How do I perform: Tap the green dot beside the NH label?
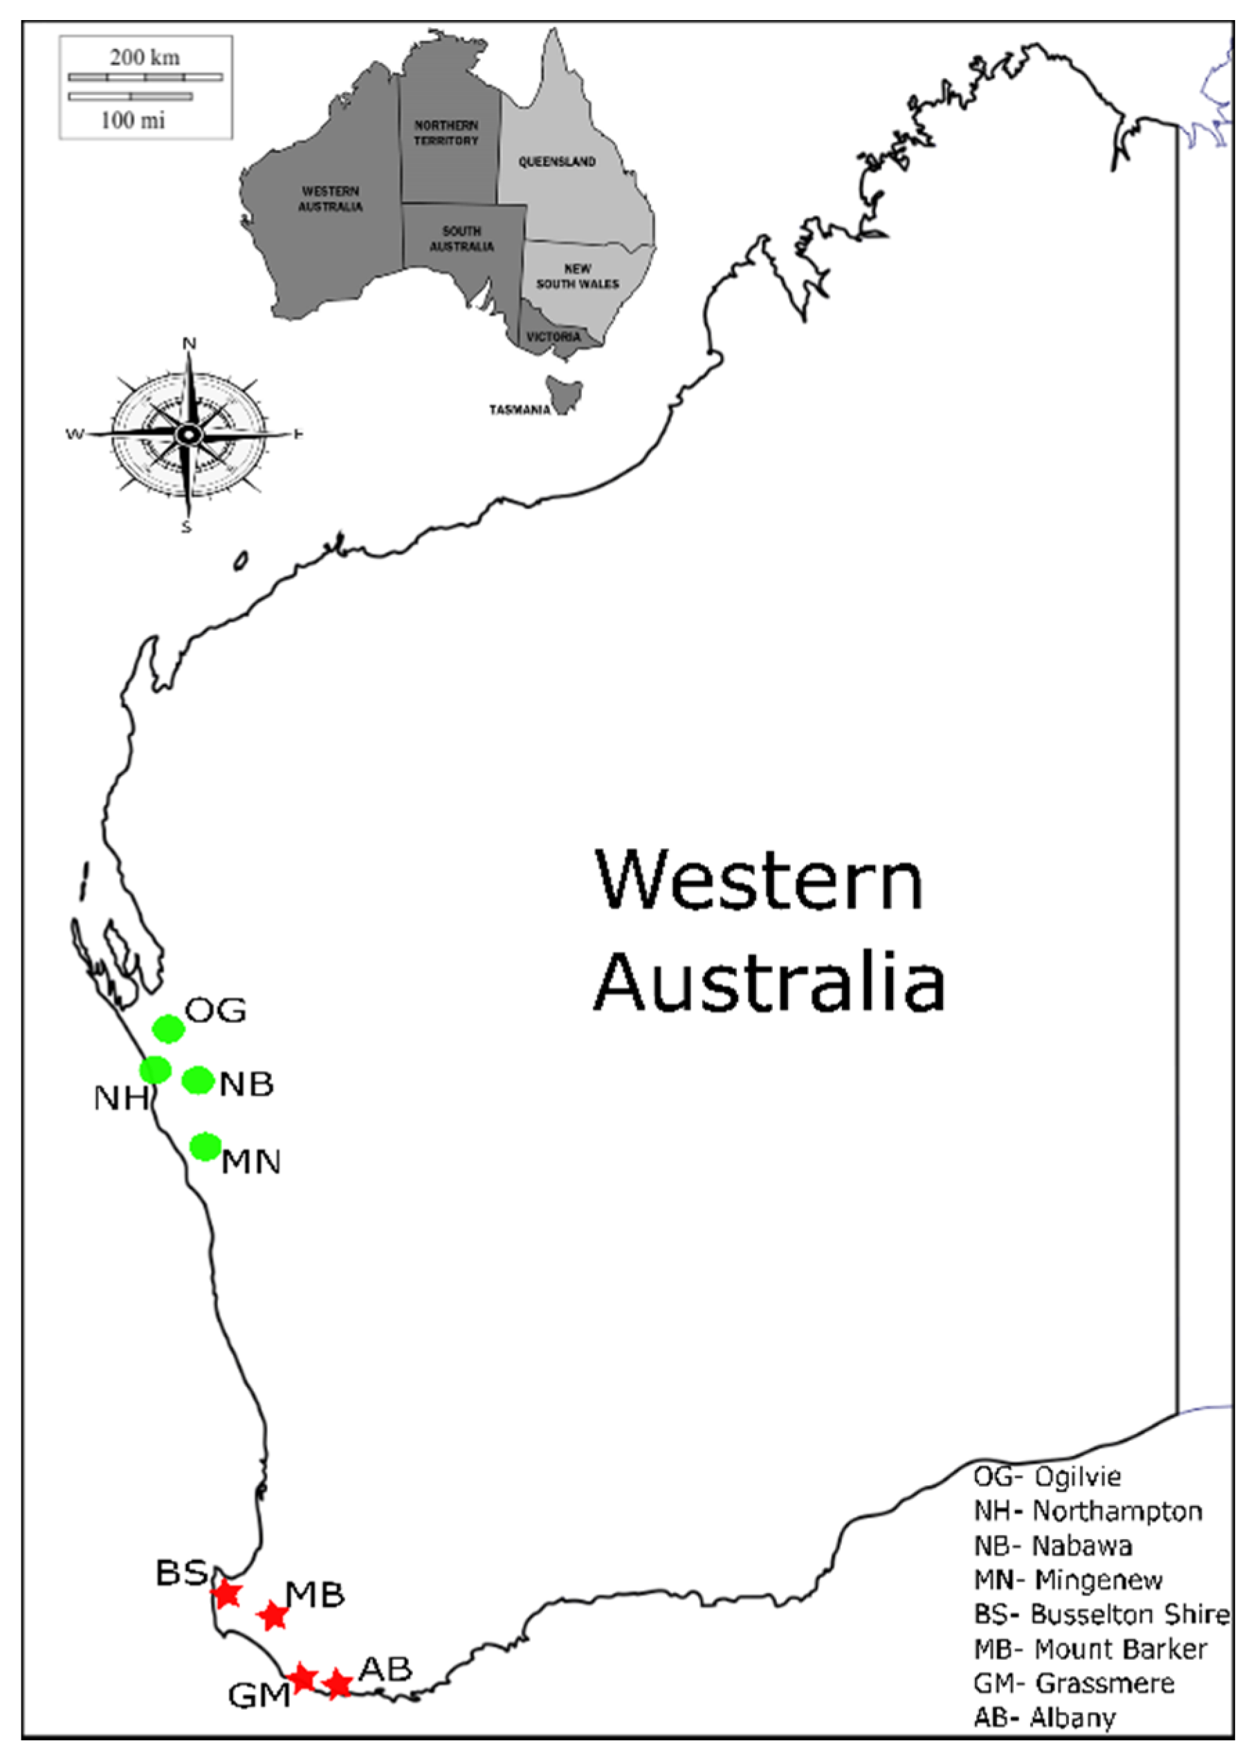(156, 1070)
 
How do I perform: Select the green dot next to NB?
(198, 1080)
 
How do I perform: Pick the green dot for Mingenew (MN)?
(205, 1146)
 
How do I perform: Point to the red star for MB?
(273, 1615)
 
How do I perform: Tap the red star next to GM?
(302, 1678)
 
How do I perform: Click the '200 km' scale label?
(145, 57)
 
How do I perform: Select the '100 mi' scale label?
(133, 120)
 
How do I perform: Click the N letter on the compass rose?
(189, 344)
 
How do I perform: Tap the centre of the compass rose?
(187, 434)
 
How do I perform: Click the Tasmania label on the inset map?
(520, 410)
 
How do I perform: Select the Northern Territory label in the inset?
(446, 133)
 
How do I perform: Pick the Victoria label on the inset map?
(553, 337)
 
